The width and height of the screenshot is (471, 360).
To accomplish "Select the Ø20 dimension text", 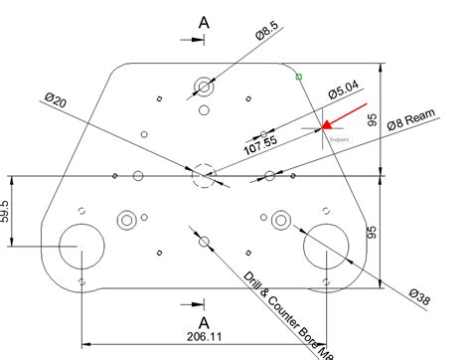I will pos(56,102).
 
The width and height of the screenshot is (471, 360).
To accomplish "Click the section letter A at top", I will pos(204,21).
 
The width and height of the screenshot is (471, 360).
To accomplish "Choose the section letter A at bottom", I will pos(204,323).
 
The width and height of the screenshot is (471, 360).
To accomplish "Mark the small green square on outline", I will pos(299,75).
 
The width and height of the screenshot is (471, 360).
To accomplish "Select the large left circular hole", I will pos(78,247).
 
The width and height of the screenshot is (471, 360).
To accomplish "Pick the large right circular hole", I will pos(326,247).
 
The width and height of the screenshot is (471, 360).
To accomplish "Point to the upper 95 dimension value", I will pos(372,120).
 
